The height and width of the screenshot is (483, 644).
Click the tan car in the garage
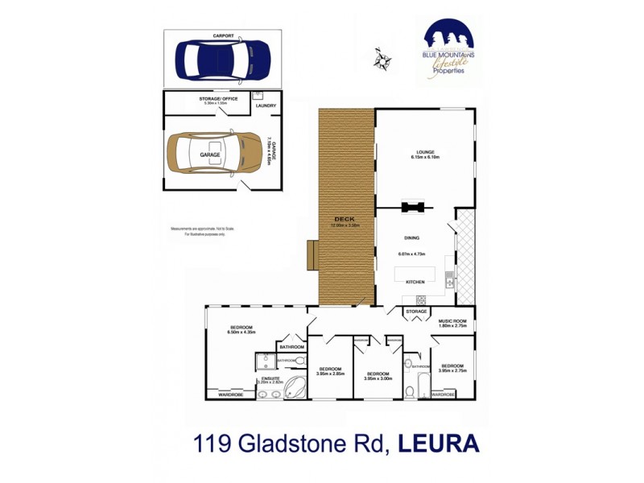coord(211,155)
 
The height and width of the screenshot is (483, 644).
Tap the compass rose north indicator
coord(382,57)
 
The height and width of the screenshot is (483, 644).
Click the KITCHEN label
coord(415,282)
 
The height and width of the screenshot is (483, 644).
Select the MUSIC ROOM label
coord(452,321)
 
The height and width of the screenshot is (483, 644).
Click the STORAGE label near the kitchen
coord(416,311)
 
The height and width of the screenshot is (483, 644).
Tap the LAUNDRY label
coord(266,105)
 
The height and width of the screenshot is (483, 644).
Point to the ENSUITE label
coord(270,378)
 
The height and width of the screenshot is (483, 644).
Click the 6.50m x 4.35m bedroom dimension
coord(242,332)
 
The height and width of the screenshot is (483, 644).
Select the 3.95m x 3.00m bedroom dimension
coord(378,378)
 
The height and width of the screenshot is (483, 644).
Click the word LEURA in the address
coord(435,443)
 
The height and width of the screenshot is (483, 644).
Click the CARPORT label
coord(223,36)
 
